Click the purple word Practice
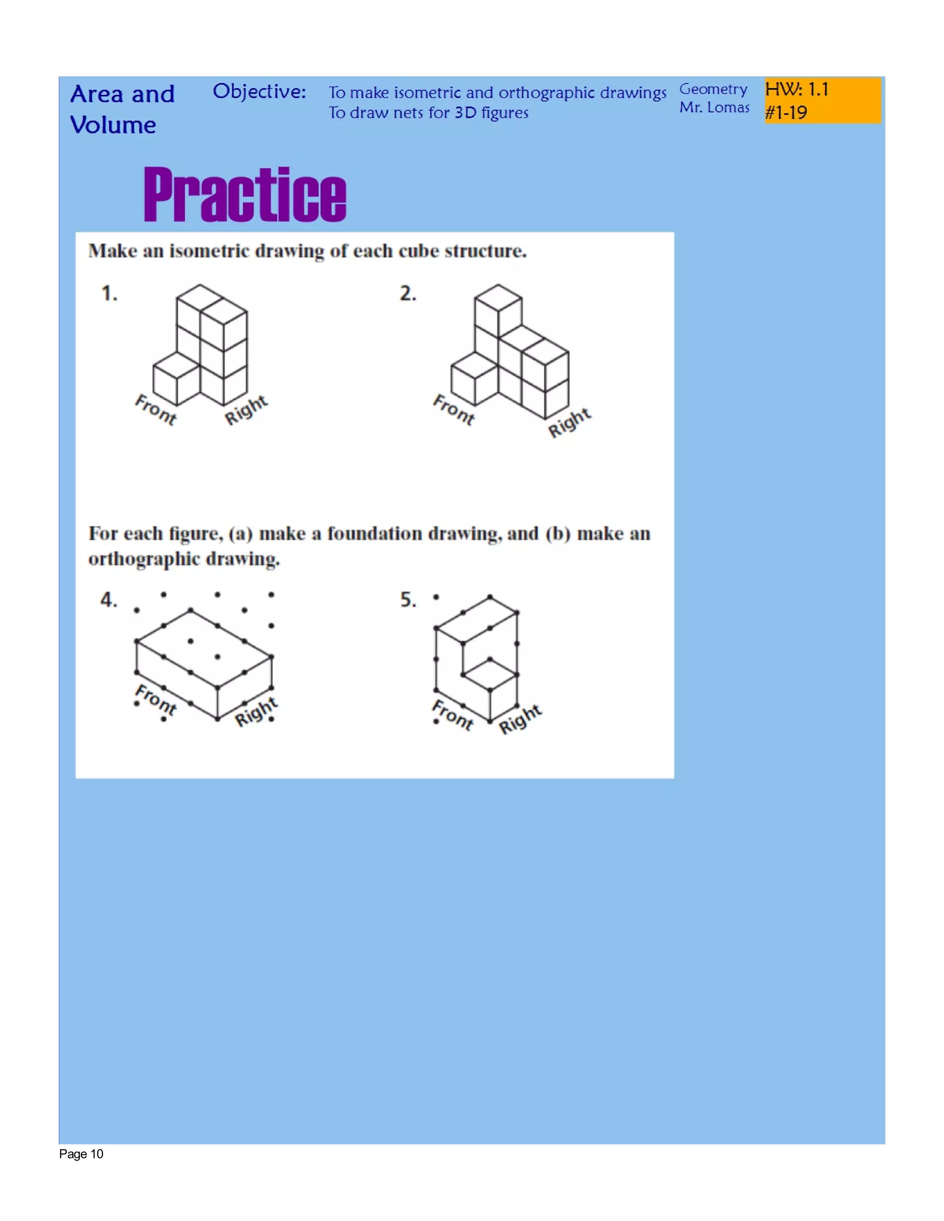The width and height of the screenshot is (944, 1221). pyautogui.click(x=245, y=194)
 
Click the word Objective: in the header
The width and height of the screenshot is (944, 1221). pyautogui.click(x=259, y=91)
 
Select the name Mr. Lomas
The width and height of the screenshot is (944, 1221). pyautogui.click(x=714, y=107)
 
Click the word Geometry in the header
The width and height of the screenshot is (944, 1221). pyautogui.click(x=713, y=89)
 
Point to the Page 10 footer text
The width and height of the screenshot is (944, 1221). pyautogui.click(x=81, y=1154)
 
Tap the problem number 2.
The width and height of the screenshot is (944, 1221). pyautogui.click(x=407, y=294)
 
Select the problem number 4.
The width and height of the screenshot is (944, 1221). pyautogui.click(x=108, y=600)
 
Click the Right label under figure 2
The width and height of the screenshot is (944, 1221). pyautogui.click(x=569, y=423)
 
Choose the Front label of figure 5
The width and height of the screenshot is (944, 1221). pyautogui.click(x=454, y=715)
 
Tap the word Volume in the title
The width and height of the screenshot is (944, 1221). pyautogui.click(x=113, y=125)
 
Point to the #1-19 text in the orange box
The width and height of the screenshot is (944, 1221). pyautogui.click(x=786, y=113)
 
